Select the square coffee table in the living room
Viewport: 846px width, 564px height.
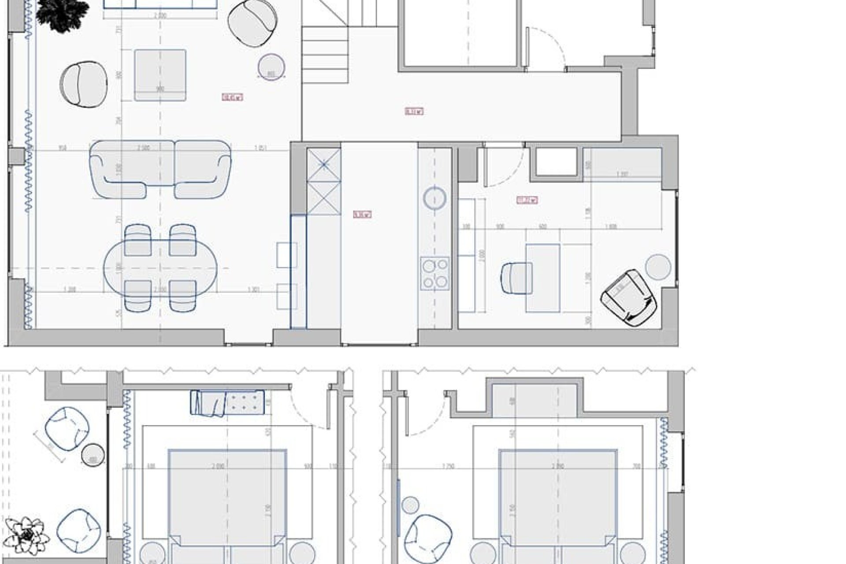pos(160,75)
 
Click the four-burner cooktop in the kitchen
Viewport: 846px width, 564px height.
pos(434,273)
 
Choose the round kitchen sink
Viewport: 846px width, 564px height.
pos(435,198)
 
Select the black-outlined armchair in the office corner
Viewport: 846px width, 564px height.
pos(629,299)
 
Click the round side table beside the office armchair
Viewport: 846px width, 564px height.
pos(658,267)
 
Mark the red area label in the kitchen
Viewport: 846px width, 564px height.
pos(363,215)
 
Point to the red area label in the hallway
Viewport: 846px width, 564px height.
pos(414,111)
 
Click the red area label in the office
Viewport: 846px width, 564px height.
pos(527,200)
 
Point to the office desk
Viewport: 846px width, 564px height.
pos(543,278)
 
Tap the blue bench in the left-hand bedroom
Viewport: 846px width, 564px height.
pos(227,402)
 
